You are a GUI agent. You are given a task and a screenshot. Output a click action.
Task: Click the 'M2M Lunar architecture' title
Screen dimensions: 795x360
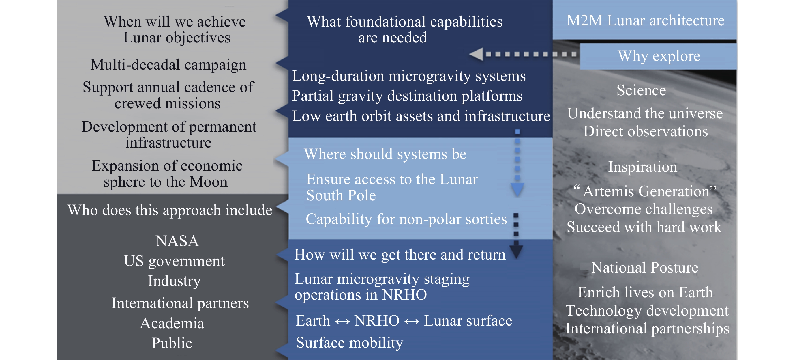[645, 20]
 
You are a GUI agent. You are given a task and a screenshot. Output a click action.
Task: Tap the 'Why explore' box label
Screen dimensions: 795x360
[659, 56]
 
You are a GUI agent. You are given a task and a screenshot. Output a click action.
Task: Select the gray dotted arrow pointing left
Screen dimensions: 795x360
[522, 54]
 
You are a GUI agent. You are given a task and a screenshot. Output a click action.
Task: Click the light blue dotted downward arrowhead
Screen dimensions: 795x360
[517, 189]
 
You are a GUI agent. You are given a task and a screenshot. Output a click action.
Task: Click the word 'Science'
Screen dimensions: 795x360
[641, 90]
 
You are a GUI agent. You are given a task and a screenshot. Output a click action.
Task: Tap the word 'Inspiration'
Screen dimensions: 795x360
[642, 167]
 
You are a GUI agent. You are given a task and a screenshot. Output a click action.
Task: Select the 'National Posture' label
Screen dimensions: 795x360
[645, 267]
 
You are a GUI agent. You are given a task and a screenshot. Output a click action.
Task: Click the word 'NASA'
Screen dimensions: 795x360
[177, 241]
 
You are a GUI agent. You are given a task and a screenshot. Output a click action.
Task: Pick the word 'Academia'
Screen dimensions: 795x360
[172, 323]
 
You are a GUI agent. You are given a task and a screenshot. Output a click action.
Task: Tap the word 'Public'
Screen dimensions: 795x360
[172, 343]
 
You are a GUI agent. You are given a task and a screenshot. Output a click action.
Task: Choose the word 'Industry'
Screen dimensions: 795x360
[174, 281]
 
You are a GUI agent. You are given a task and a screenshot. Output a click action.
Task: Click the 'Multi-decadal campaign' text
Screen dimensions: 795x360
[168, 65]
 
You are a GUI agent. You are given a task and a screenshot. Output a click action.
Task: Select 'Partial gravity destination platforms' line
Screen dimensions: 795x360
[407, 96]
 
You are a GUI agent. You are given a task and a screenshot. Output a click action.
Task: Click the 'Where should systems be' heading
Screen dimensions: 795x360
[385, 154]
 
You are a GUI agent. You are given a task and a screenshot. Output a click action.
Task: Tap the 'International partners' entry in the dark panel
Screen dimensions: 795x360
[180, 303]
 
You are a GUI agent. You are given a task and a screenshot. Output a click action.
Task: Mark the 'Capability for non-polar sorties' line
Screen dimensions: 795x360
[406, 219]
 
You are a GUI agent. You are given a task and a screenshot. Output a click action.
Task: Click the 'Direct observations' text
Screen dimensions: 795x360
[645, 132]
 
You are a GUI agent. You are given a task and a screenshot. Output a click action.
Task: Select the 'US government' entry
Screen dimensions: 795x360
[174, 261]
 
